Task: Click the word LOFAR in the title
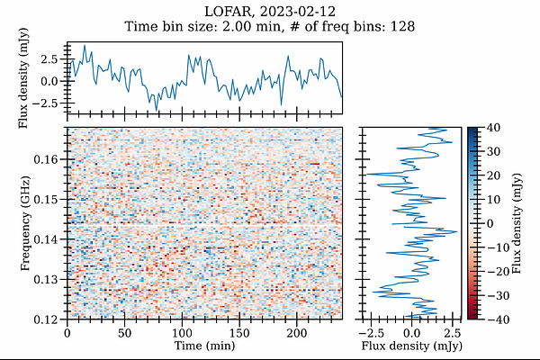(x=228, y=12)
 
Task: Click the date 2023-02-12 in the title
(x=297, y=12)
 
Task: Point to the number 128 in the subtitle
(x=402, y=26)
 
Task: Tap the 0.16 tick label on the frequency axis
(x=46, y=159)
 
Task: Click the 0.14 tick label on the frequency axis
(x=46, y=239)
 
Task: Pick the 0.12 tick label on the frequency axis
(x=46, y=319)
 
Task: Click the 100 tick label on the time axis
(x=182, y=333)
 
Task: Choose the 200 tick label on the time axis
(x=297, y=333)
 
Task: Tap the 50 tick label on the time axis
(x=125, y=333)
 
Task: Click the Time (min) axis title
(x=204, y=346)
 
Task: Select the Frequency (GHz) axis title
(x=25, y=223)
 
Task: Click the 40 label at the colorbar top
(x=493, y=128)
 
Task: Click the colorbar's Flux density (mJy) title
(x=517, y=223)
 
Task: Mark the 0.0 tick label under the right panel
(x=411, y=333)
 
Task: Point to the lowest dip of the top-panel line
(x=157, y=111)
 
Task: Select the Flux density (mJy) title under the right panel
(x=411, y=346)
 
